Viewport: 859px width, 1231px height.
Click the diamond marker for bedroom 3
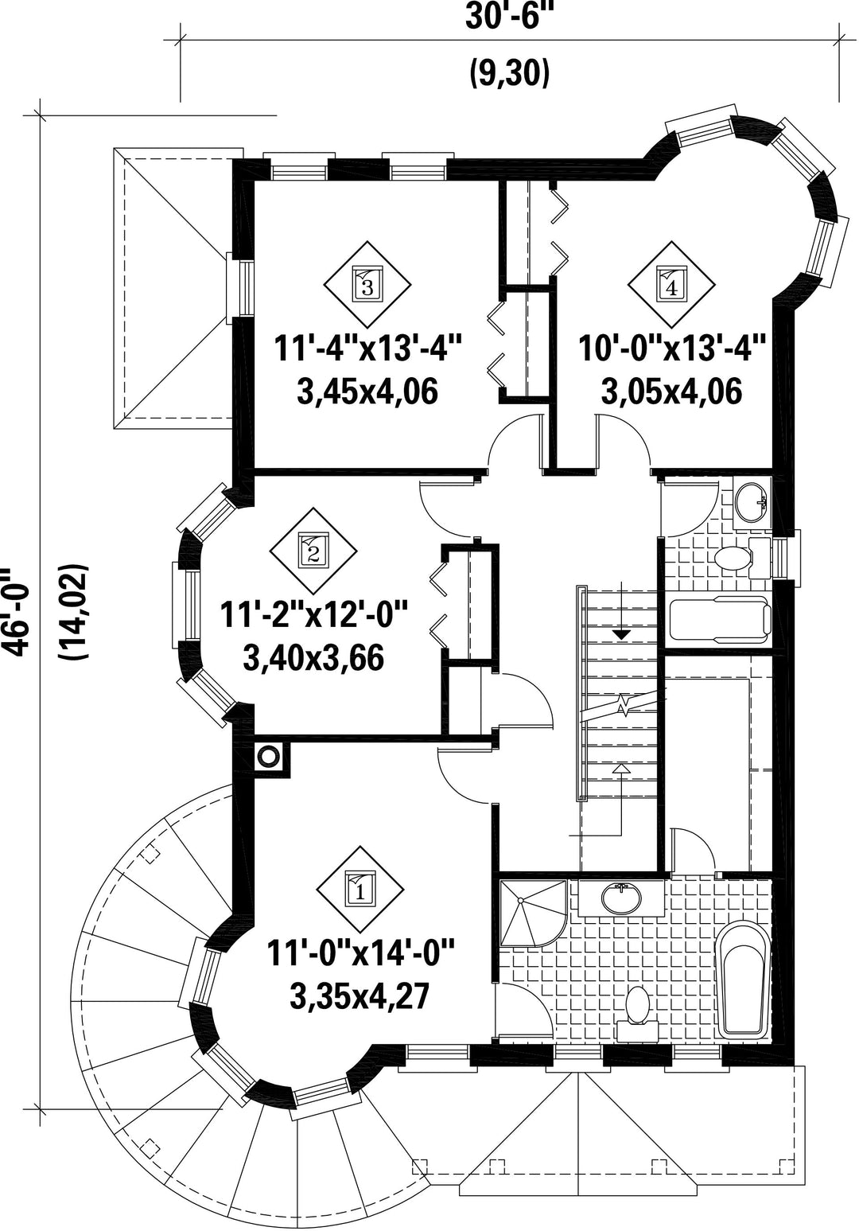click(x=367, y=284)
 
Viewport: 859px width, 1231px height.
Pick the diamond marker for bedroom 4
click(x=671, y=284)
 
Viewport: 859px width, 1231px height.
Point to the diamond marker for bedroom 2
click(x=313, y=551)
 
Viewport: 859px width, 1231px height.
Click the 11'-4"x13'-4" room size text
click(x=367, y=349)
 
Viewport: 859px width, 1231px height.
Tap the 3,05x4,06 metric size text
click(x=672, y=392)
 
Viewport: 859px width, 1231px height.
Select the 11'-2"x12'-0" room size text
click(x=313, y=616)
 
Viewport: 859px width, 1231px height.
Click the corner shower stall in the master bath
click(x=533, y=913)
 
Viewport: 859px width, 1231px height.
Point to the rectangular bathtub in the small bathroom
click(x=720, y=620)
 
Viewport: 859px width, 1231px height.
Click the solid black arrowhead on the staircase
click(x=621, y=634)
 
